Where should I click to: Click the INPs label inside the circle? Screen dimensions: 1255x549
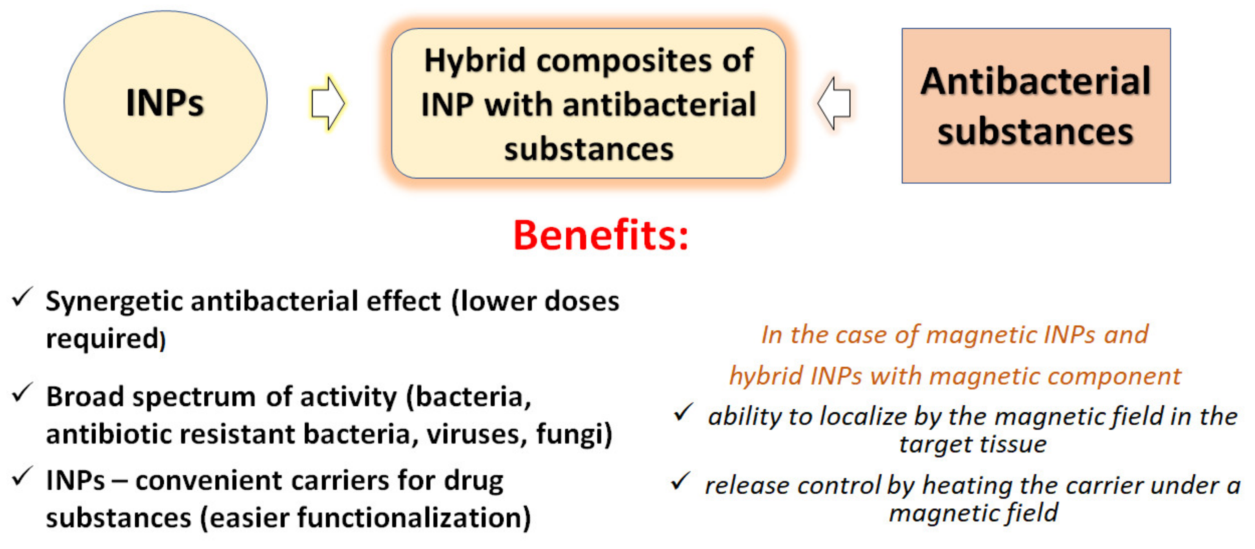click(x=165, y=102)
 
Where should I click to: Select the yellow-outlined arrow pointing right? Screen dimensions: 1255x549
click(x=328, y=103)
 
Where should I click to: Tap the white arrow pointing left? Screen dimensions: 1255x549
click(x=834, y=103)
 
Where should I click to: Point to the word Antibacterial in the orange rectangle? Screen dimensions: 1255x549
click(x=1036, y=81)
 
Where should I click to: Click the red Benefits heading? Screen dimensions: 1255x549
click(x=601, y=235)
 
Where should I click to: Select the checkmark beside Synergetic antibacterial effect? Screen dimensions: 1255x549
click(x=22, y=297)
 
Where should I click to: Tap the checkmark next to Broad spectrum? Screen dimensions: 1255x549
click(x=22, y=393)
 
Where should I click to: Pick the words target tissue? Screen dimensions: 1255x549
click(x=973, y=444)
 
